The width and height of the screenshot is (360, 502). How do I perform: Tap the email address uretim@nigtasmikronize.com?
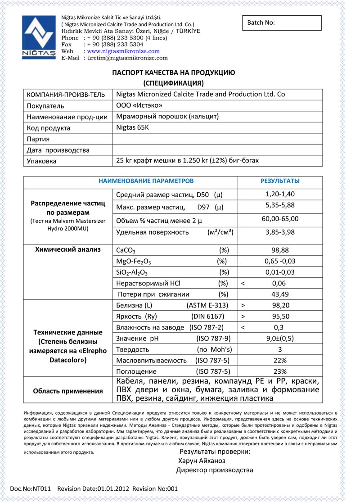point(127,58)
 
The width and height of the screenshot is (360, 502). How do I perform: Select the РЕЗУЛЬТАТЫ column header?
point(280,181)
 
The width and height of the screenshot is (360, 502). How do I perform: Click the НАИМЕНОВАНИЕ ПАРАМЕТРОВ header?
point(146,181)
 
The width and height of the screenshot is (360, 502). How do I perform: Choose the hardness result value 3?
point(280,349)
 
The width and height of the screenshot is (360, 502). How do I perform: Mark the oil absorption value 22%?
point(280,361)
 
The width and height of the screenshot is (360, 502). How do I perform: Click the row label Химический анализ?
point(68,249)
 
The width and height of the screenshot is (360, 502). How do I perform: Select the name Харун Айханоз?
point(202,461)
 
